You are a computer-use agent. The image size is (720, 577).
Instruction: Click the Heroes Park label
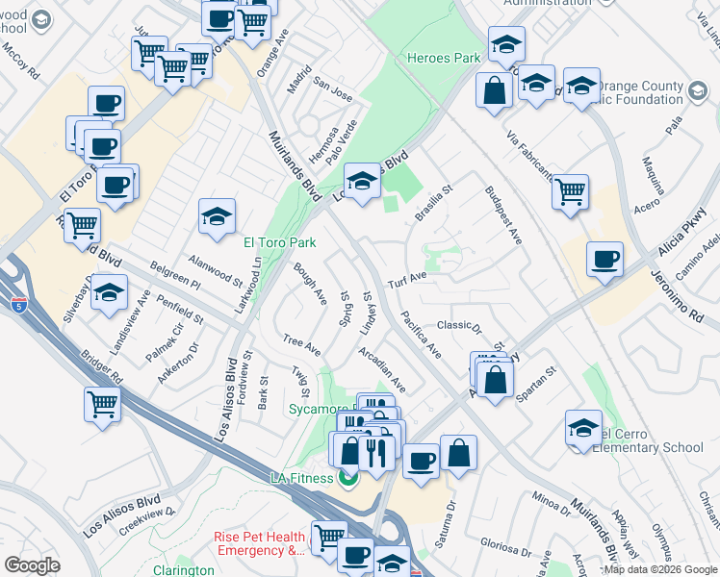(443, 58)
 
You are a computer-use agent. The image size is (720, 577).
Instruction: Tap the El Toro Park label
(280, 242)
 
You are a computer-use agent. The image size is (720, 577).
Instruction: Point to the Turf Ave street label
(406, 280)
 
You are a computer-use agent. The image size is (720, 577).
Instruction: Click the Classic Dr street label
(459, 327)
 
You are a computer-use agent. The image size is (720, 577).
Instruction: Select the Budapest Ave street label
(502, 215)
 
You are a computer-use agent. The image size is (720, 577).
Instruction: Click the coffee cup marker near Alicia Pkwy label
(604, 260)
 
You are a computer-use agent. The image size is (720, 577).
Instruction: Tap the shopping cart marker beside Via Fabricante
(571, 191)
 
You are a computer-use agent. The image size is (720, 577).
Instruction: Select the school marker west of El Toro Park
(218, 216)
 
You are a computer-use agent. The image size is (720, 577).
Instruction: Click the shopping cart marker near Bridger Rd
(102, 404)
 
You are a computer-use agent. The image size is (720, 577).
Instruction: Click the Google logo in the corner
(31, 565)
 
